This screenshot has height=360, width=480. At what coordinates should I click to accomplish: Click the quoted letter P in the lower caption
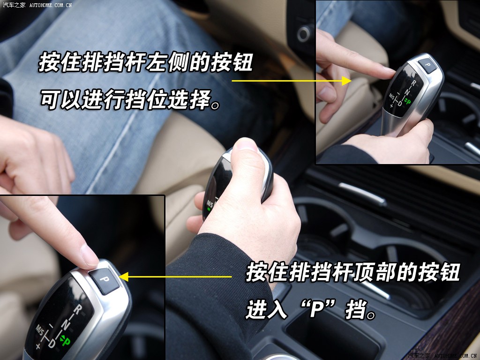[x=317, y=309]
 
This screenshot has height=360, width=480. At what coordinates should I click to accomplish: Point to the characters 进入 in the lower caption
[x=267, y=309]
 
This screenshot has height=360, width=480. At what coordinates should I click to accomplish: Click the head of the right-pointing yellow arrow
[x=347, y=81]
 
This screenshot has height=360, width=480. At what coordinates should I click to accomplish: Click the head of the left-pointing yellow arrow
[x=124, y=277]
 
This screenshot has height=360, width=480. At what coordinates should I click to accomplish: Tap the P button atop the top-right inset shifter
[x=427, y=65]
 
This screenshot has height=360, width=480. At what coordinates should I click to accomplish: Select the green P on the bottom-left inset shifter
[x=65, y=340]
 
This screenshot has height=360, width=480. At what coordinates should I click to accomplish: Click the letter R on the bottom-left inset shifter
[x=77, y=310]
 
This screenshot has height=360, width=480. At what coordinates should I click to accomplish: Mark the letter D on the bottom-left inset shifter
[x=52, y=343]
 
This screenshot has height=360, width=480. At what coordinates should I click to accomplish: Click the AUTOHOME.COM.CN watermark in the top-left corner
[x=51, y=5]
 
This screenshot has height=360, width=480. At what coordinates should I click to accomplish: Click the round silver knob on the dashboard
[x=304, y=34]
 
